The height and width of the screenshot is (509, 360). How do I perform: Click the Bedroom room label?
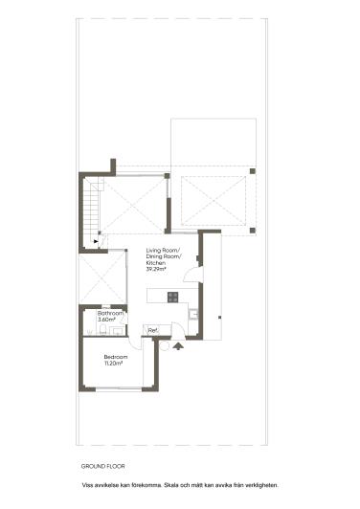116,358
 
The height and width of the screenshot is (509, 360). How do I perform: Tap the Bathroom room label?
111,313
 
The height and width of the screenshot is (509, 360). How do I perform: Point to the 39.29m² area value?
156,270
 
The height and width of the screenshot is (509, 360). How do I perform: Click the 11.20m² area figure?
115,364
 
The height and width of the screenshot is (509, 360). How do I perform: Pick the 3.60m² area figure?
107,320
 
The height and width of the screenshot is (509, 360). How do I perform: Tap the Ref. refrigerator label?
152,331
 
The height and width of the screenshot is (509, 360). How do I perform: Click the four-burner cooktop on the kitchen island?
173,297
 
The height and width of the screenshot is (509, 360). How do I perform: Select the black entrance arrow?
177,346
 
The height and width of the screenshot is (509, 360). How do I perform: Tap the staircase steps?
92,210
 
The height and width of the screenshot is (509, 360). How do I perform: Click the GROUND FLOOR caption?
103,467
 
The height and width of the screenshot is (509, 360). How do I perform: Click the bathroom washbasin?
117,331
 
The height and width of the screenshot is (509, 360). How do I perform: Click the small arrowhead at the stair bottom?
96,243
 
